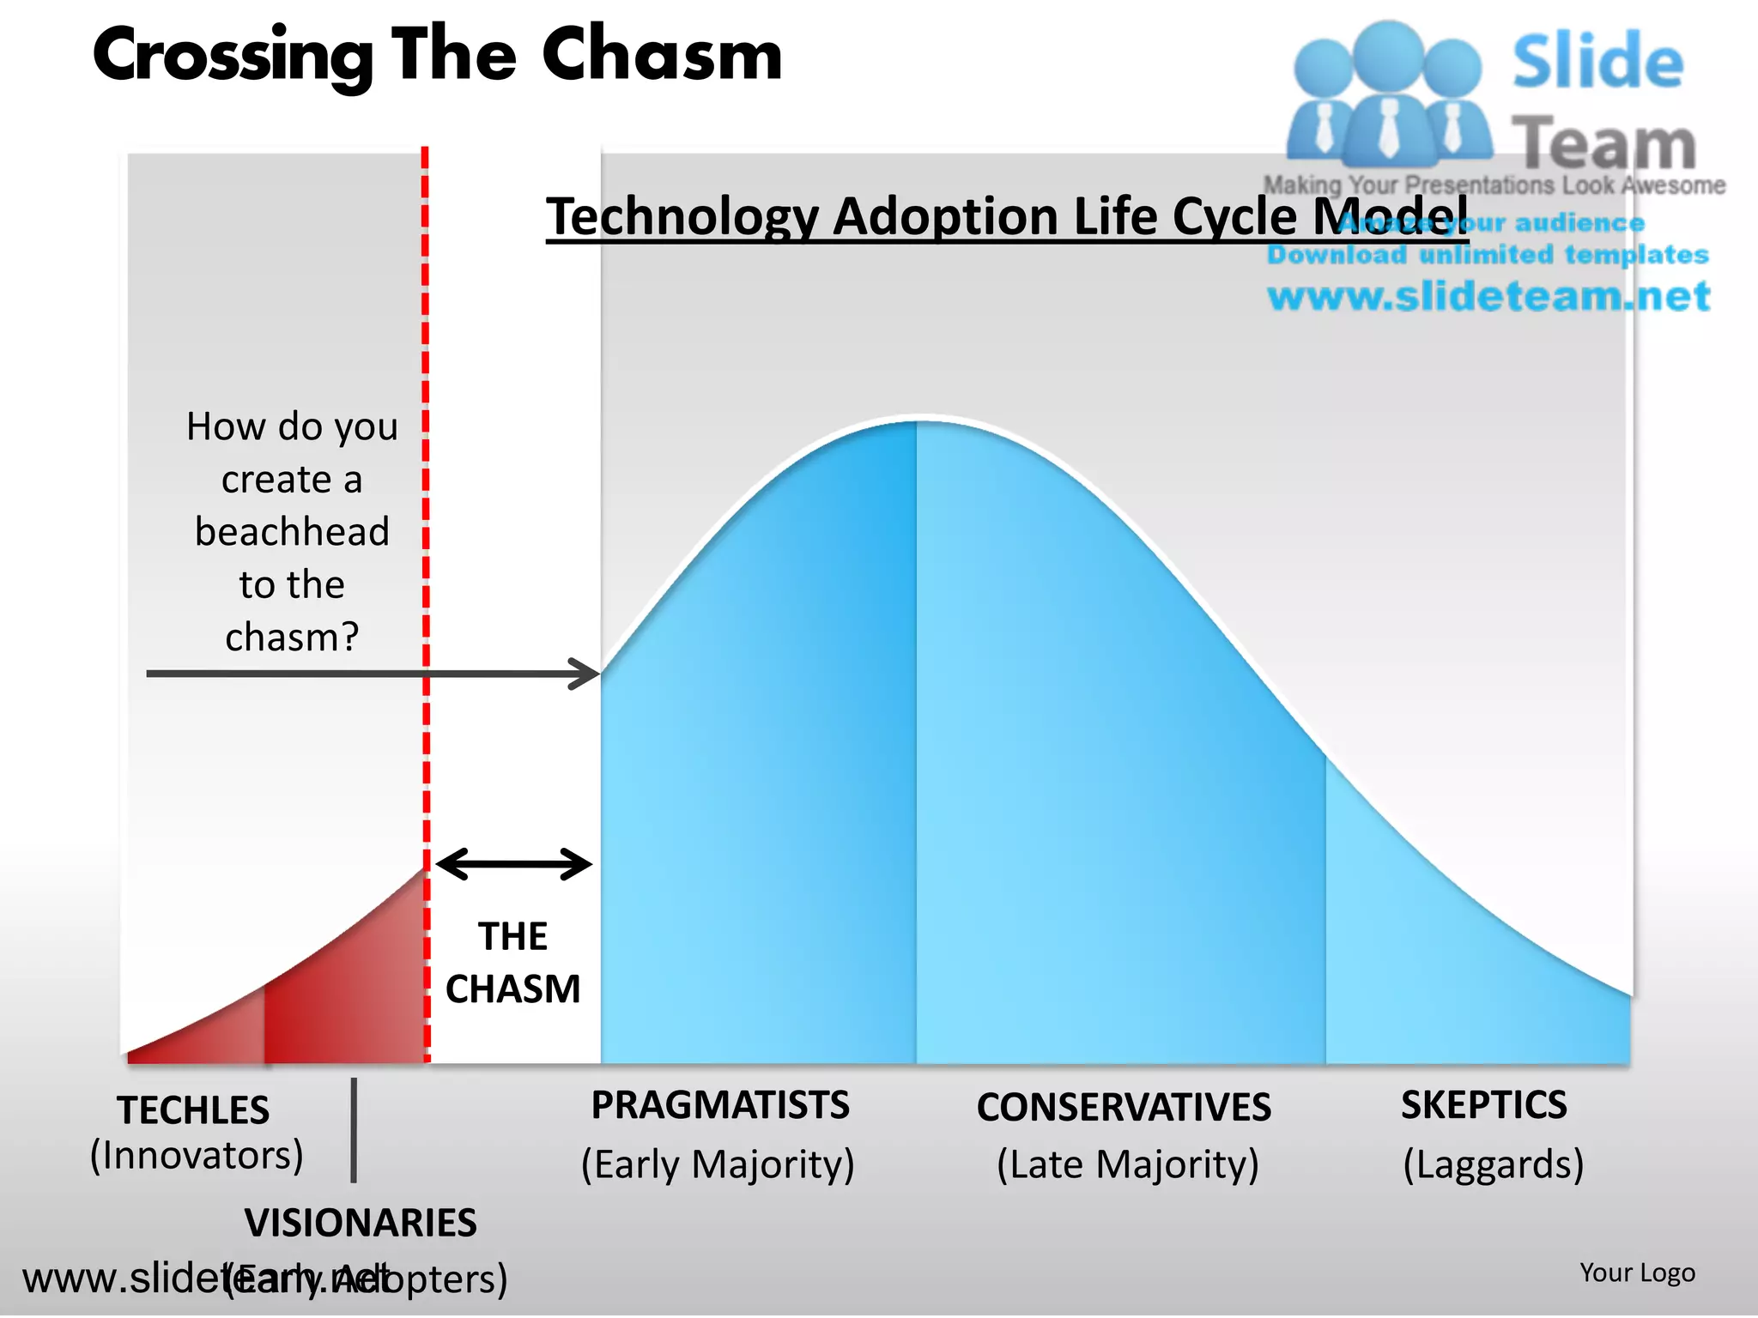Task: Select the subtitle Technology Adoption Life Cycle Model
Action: [x=1006, y=215]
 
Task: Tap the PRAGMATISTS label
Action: [x=720, y=1105]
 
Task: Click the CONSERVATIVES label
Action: [x=1124, y=1107]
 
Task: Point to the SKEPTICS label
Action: [x=1484, y=1105]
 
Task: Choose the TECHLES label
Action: [x=193, y=1110]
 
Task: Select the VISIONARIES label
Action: [x=361, y=1223]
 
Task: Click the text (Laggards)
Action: [x=1493, y=1164]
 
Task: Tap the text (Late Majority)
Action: [x=1127, y=1164]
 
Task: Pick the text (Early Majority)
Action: [x=718, y=1164]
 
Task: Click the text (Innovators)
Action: [x=197, y=1155]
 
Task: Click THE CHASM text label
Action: [x=512, y=963]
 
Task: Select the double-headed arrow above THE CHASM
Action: [x=513, y=864]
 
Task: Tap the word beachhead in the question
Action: [x=292, y=531]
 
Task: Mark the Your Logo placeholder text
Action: [x=1637, y=1273]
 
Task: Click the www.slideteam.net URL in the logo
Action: [x=1488, y=296]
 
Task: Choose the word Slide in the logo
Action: [x=1597, y=62]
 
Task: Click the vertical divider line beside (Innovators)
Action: [x=354, y=1130]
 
